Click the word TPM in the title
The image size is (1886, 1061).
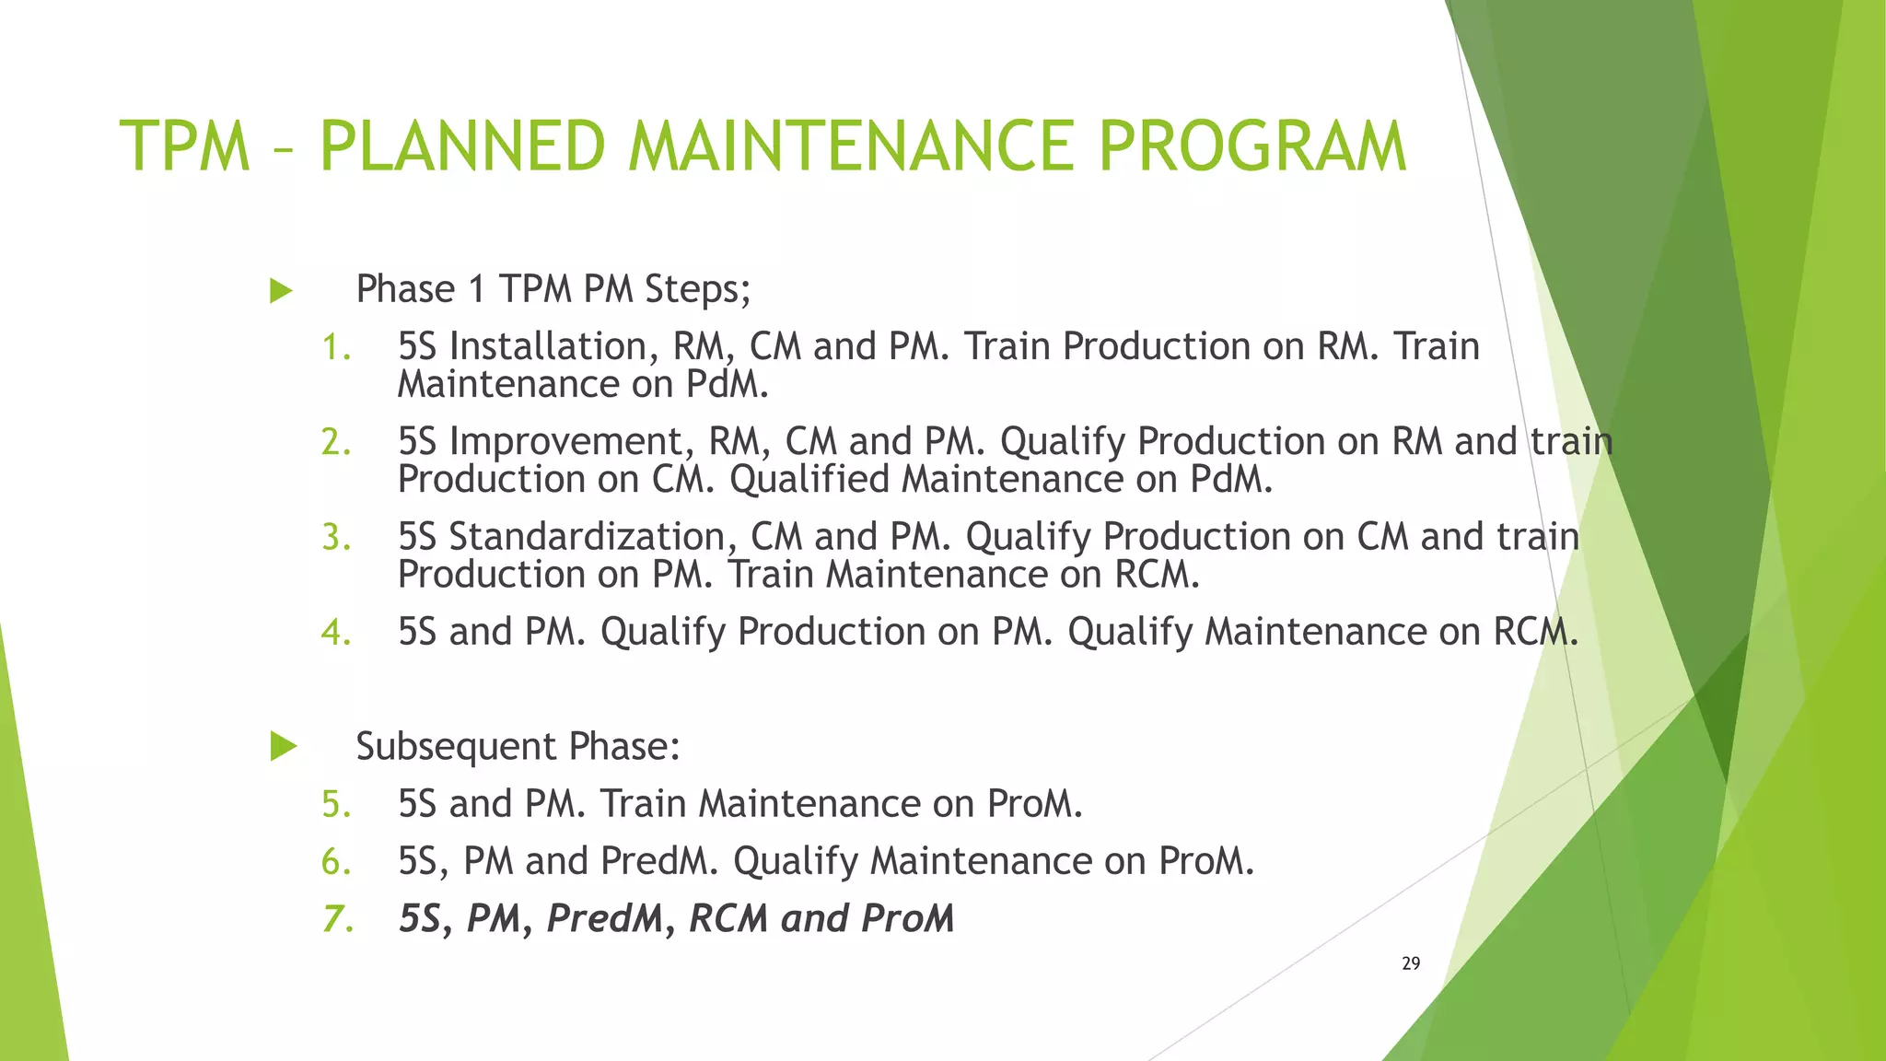point(185,147)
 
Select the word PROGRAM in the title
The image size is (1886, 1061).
point(1252,147)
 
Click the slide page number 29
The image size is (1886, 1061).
point(1411,963)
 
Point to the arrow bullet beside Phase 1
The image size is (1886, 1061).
point(281,291)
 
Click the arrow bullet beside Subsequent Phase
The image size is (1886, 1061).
point(284,746)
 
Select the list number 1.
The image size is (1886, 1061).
point(335,348)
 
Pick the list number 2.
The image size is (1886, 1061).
point(336,443)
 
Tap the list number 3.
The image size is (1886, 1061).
point(336,538)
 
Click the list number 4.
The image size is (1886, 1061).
point(336,633)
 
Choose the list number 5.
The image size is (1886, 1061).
point(336,805)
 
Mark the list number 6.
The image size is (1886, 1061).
point(336,862)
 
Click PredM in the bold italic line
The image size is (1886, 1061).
point(604,919)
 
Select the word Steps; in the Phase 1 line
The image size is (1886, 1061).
point(697,290)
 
